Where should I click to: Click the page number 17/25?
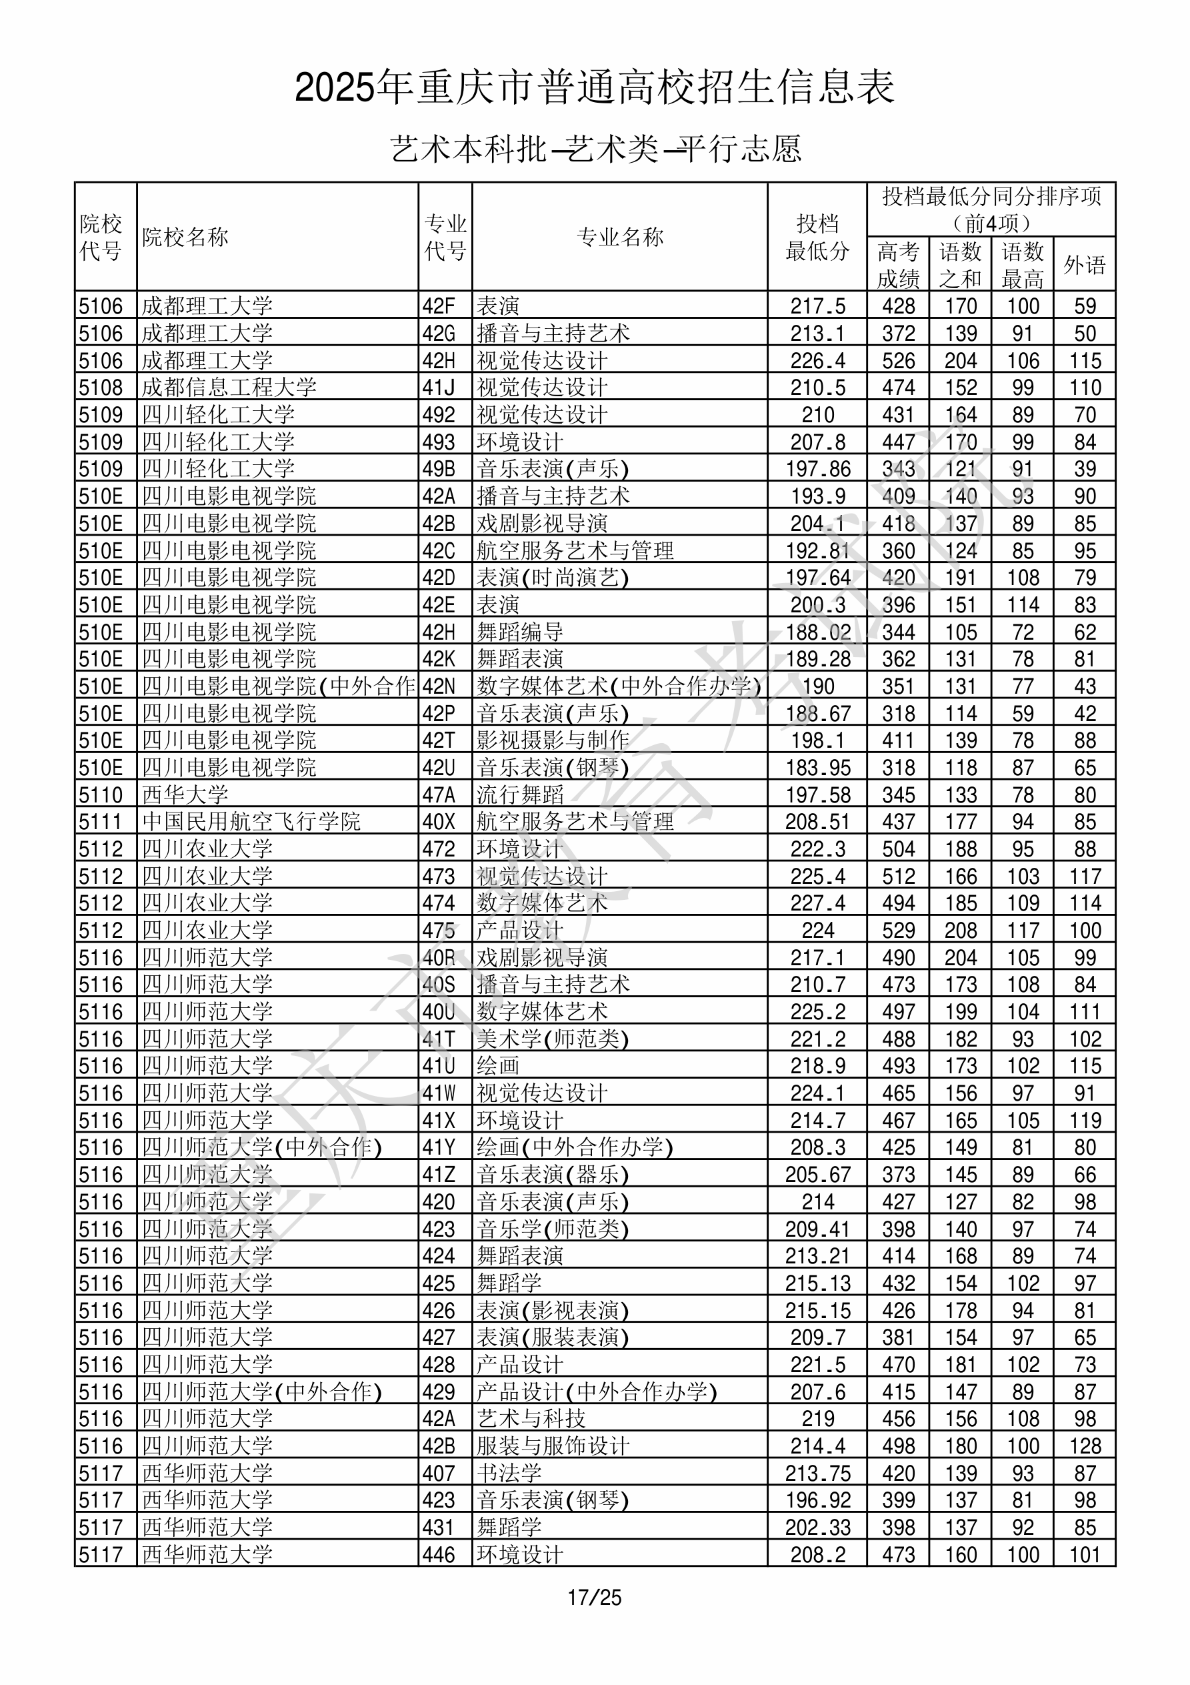[594, 1597]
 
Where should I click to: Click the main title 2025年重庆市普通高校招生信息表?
[594, 87]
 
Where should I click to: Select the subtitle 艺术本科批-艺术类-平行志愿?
[594, 149]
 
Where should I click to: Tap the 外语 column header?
[1085, 264]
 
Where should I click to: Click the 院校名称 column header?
[185, 237]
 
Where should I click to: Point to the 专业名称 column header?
[620, 237]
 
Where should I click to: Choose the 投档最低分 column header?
[817, 237]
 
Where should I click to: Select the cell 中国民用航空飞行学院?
[251, 821]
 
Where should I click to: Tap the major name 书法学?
[509, 1473]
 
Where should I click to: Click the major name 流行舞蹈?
[520, 794]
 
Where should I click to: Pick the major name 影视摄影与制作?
[553, 740]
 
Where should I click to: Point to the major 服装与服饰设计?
[553, 1446]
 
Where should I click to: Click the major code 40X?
[439, 822]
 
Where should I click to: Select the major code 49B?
[439, 469]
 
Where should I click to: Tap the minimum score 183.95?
[817, 768]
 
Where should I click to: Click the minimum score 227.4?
[817, 903]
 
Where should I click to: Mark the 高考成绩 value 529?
[898, 931]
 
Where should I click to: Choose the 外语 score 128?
[1085, 1446]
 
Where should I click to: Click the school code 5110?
[101, 794]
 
